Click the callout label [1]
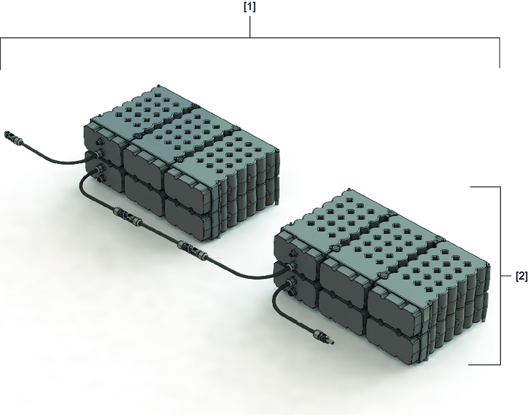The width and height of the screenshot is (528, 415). coord(249,7)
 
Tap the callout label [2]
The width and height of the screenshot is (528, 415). coord(521,276)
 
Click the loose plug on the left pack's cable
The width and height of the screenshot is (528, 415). coord(13,137)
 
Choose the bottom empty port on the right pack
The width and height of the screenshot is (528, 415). coord(291,291)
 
